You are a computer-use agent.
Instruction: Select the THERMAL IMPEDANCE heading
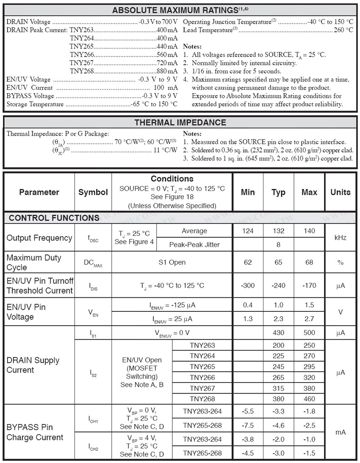pyautogui.click(x=180, y=122)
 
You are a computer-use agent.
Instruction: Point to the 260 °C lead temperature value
pyautogui.click(x=343, y=30)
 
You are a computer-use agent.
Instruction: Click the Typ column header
pyautogui.click(x=278, y=192)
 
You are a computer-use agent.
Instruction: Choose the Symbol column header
pyautogui.click(x=93, y=192)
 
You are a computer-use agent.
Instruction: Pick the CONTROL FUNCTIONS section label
pyautogui.click(x=54, y=218)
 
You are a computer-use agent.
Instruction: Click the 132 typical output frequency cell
pyautogui.click(x=278, y=231)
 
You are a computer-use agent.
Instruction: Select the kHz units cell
pyautogui.click(x=340, y=238)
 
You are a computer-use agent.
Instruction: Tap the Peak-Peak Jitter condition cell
pyautogui.click(x=194, y=244)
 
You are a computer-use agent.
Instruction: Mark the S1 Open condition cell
pyautogui.click(x=172, y=262)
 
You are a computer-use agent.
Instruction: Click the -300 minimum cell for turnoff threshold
pyautogui.click(x=248, y=286)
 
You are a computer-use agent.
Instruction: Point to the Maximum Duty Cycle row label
pyautogui.click(x=34, y=263)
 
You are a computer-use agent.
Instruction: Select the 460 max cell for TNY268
pyautogui.click(x=309, y=399)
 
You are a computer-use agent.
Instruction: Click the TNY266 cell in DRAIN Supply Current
pyautogui.click(x=202, y=377)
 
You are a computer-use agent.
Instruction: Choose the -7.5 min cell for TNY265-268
pyautogui.click(x=248, y=425)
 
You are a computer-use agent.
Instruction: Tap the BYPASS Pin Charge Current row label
pyautogui.click(x=35, y=432)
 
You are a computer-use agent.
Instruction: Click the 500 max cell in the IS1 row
pyautogui.click(x=309, y=333)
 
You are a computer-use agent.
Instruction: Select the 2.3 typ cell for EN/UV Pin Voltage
pyautogui.click(x=278, y=319)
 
